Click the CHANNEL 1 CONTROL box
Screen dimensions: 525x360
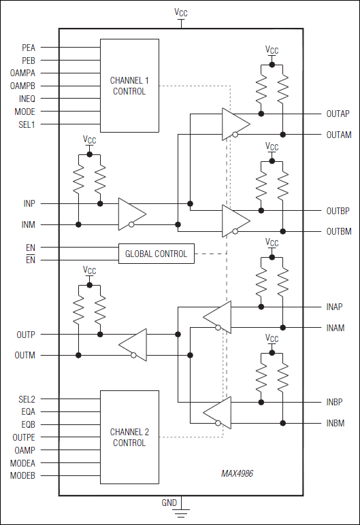pos(129,86)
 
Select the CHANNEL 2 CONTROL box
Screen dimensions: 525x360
pos(129,437)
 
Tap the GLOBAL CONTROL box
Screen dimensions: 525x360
pos(156,254)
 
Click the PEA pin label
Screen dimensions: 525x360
pos(28,48)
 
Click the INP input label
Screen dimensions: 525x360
pos(29,203)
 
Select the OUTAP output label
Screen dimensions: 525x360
pos(338,114)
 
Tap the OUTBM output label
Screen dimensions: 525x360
pos(338,232)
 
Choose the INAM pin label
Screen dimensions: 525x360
pos(335,328)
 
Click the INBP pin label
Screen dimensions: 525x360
pos(335,402)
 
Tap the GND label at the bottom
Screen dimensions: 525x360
pos(169,503)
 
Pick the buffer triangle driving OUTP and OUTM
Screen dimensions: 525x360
pos(133,344)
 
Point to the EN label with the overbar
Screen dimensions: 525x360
pos(31,260)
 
